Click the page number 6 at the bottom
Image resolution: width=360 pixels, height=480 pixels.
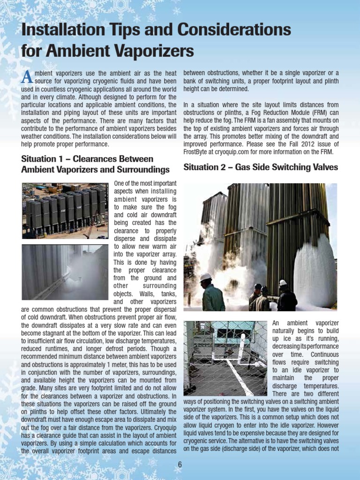tap(180, 465)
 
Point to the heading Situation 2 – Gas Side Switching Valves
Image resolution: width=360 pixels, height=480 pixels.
tap(261, 167)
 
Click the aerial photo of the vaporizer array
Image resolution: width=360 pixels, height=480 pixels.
tap(65, 210)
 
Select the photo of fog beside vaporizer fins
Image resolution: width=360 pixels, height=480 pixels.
tap(65, 272)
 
